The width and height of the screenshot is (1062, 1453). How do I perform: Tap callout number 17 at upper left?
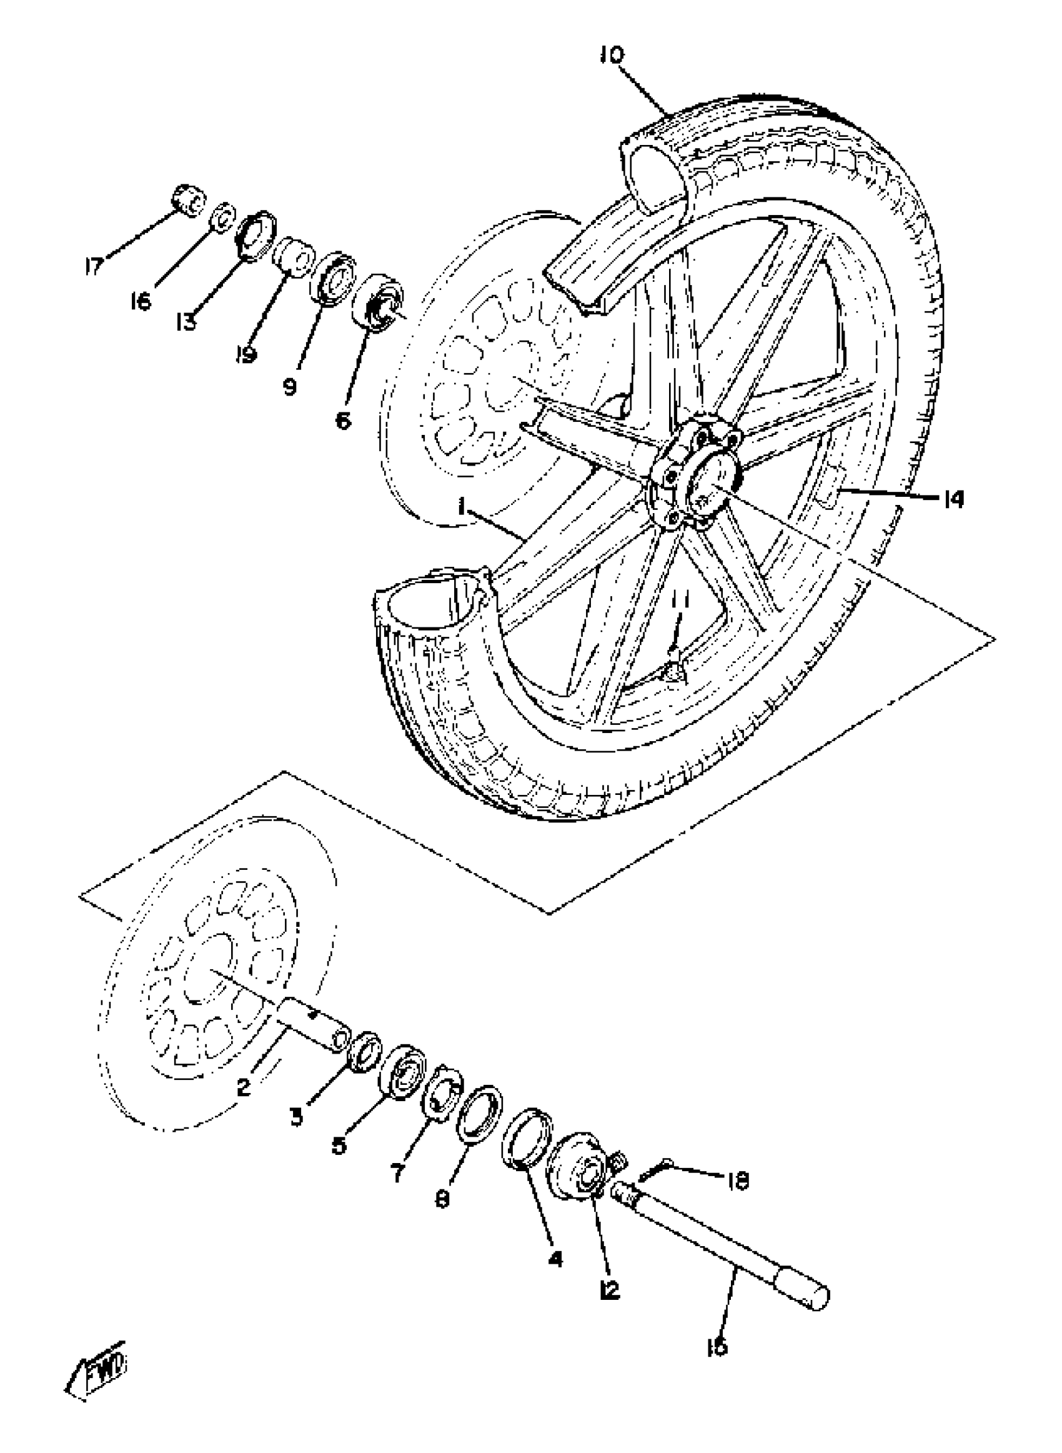coord(94,266)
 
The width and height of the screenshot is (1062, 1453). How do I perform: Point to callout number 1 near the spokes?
coord(462,508)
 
